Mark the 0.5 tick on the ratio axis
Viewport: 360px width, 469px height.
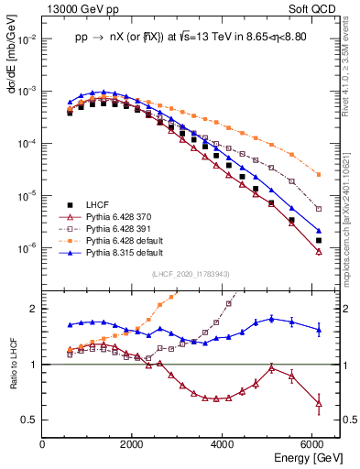tap(33, 420)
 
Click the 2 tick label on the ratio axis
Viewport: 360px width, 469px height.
tap(37, 309)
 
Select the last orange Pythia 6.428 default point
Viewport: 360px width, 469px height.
tap(318, 174)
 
